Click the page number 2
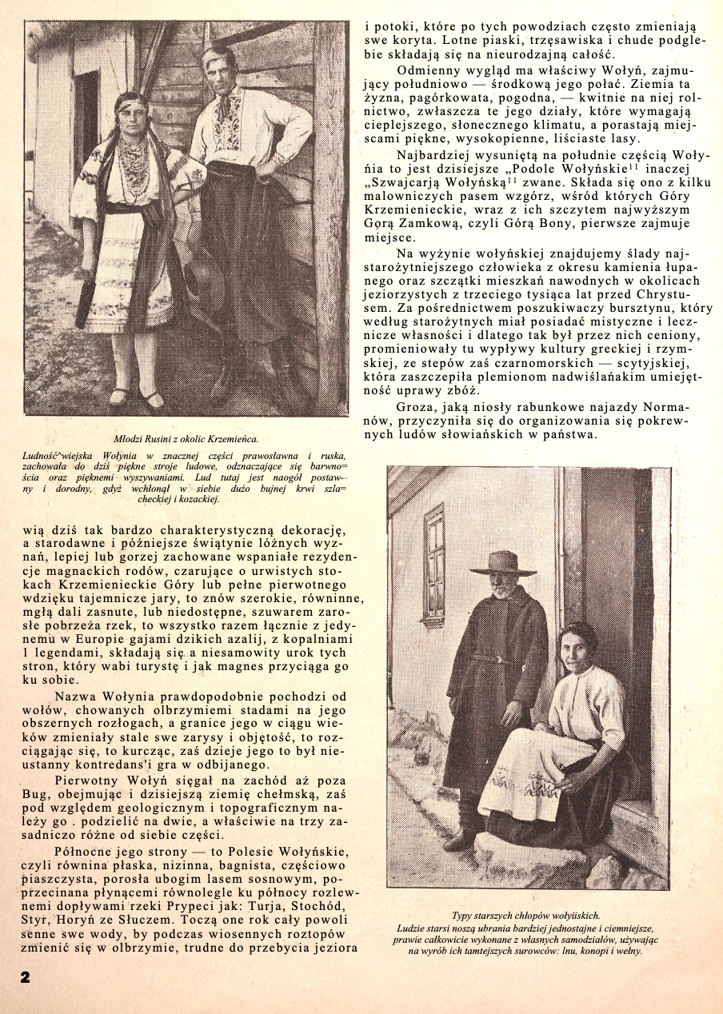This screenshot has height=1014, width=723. [x=25, y=977]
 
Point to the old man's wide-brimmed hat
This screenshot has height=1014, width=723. [x=503, y=562]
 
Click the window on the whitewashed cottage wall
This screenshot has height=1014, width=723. [x=433, y=565]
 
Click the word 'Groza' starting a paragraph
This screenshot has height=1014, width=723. [x=416, y=406]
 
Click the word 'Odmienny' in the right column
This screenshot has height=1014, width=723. [x=424, y=69]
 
